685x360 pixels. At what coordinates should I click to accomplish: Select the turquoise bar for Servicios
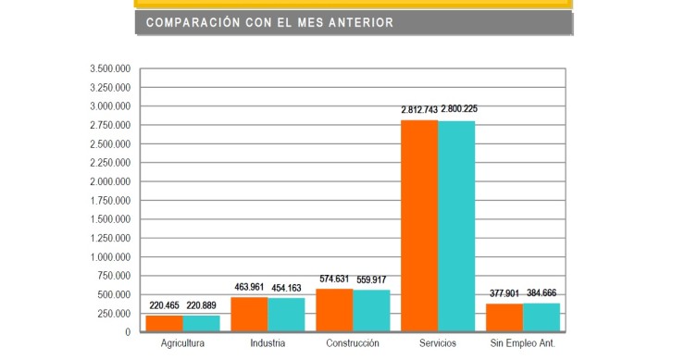coord(456,226)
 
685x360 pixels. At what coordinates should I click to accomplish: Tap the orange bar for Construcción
coord(334,310)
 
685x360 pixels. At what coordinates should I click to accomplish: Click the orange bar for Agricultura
coord(164,323)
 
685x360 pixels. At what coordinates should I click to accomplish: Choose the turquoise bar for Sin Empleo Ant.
coord(542,317)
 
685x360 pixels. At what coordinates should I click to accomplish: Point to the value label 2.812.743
coord(420,110)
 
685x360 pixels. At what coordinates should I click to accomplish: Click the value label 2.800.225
coord(458,109)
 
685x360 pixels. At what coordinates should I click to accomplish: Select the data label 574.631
coord(335,279)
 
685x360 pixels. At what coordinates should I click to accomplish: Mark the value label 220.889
coord(201,304)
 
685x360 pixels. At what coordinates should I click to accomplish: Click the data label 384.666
coord(542,293)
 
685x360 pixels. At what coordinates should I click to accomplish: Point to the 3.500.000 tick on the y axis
coord(110,69)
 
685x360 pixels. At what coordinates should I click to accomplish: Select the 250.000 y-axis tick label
coord(115,314)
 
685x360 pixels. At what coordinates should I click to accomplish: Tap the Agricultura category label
coord(181,344)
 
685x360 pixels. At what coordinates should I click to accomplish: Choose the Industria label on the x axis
coord(267,344)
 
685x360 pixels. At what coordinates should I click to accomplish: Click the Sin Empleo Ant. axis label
coord(523,344)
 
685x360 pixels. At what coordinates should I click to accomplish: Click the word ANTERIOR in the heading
coord(355,22)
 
